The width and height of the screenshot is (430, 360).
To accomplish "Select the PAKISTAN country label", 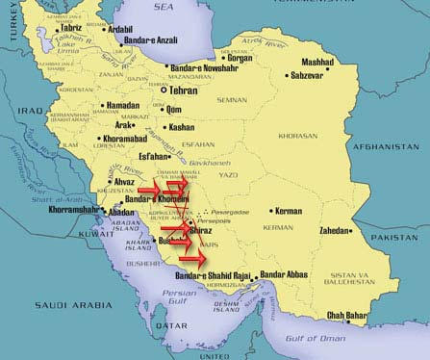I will [403, 236].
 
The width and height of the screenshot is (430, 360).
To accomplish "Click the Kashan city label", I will [181, 127].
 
